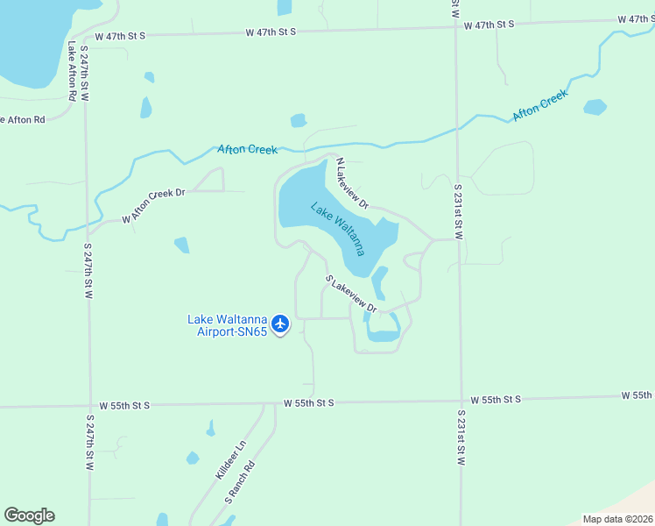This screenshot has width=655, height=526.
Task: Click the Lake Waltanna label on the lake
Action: coord(337,228)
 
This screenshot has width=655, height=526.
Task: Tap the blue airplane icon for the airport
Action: coord(280,324)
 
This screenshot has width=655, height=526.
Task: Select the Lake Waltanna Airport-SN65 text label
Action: coord(227,325)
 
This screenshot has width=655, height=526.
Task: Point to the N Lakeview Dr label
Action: coord(353,183)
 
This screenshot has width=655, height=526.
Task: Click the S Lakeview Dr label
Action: coord(351,295)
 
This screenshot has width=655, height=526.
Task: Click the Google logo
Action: coord(29,515)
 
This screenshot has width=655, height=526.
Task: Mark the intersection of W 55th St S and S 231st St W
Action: coord(460,400)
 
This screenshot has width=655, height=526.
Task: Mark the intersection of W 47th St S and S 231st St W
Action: coord(455,27)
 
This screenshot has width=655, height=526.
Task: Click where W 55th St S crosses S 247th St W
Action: coord(88,406)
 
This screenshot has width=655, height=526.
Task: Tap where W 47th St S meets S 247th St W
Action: coord(84,36)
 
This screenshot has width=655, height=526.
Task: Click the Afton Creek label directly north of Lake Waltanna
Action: coord(248,150)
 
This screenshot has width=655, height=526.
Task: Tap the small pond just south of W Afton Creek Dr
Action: coord(181,245)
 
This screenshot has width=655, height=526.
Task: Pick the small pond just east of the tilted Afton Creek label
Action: coord(595,107)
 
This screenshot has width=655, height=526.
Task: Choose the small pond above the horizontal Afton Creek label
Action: coord(299,120)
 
